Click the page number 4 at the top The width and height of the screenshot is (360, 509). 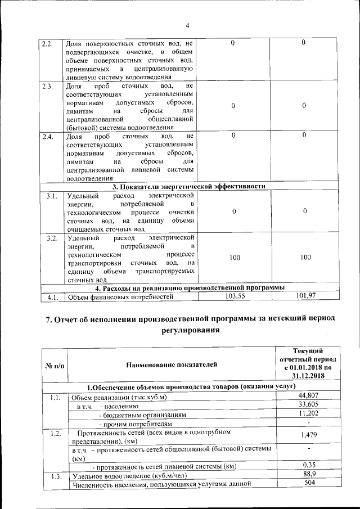[x=187, y=25]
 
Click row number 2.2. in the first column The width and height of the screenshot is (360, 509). [x=48, y=43]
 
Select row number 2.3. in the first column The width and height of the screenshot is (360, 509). [x=48, y=86]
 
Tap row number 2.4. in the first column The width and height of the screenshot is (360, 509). [x=48, y=136]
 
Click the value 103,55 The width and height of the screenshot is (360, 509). [x=236, y=295]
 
